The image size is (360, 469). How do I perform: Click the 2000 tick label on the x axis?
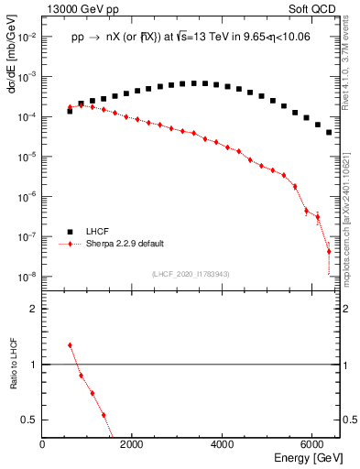(x=133, y=444)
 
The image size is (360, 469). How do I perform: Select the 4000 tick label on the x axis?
(x=223, y=444)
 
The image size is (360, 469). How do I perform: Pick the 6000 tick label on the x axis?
(x=312, y=444)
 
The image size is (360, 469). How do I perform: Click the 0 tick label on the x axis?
(x=43, y=444)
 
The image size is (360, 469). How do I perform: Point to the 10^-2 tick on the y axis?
(x=27, y=37)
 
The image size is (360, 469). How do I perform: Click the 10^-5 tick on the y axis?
(x=27, y=157)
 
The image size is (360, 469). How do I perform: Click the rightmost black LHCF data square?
(x=329, y=133)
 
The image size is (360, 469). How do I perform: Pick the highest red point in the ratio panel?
(x=70, y=345)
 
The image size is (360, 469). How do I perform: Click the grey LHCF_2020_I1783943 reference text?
(x=190, y=274)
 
